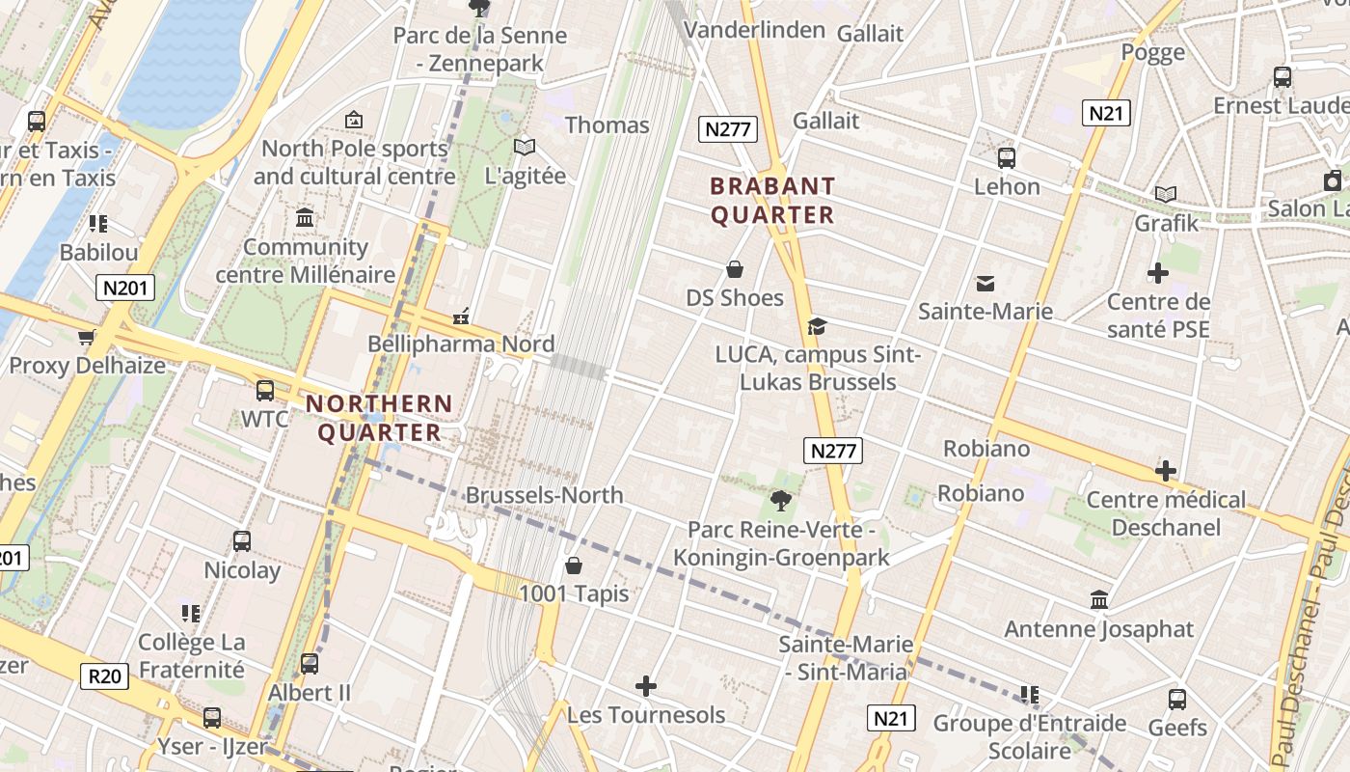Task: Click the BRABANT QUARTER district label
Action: click(x=772, y=200)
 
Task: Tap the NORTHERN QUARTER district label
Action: click(x=379, y=418)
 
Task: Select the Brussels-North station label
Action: click(x=544, y=495)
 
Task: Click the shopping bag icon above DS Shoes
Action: click(x=734, y=269)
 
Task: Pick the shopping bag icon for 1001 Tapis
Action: click(x=574, y=565)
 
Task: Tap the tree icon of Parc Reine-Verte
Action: click(x=780, y=500)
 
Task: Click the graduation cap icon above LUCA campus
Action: click(x=817, y=326)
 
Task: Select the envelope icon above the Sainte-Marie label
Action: click(x=985, y=284)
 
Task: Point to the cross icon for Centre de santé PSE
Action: click(x=1158, y=274)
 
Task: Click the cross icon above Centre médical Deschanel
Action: click(x=1166, y=472)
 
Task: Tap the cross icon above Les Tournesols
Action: click(x=646, y=687)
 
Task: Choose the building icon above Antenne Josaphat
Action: click(x=1098, y=600)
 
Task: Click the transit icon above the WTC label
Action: click(x=265, y=391)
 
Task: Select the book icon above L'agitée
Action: click(x=525, y=148)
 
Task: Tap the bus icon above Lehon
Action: click(x=1007, y=157)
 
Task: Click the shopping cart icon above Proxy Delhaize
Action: click(x=87, y=337)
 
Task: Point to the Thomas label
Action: click(x=607, y=124)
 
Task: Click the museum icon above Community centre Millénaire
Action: click(x=306, y=218)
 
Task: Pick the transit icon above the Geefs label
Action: click(x=1177, y=700)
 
